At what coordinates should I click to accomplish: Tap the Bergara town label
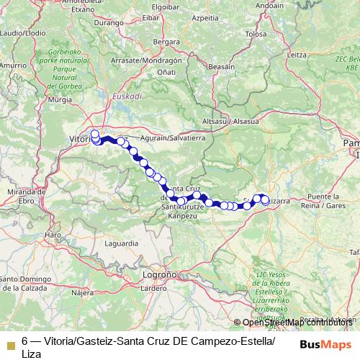point(166,42)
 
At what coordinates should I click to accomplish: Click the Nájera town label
point(83,293)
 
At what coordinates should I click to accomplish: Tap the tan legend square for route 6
point(10,343)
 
